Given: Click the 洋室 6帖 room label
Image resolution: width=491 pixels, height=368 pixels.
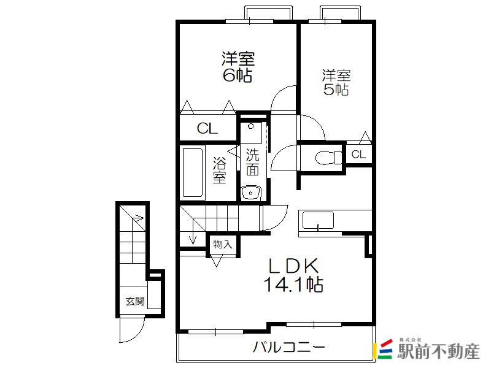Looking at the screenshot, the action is (238, 67).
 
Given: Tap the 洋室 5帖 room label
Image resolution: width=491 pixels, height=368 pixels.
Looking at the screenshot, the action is (336, 83).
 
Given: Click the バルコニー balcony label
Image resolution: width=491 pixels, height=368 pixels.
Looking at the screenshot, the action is (289, 347).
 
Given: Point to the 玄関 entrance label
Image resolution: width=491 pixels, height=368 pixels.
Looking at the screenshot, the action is (135, 301).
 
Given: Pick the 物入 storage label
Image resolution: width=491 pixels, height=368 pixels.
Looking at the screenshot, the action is (222, 244).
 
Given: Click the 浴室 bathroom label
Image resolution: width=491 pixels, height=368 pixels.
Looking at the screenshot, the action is (220, 170).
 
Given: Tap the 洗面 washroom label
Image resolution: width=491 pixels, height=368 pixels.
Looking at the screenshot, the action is (252, 162).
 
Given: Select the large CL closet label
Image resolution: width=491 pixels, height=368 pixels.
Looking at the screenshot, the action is (207, 128).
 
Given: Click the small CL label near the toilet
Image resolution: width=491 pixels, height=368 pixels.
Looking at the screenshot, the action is (358, 155).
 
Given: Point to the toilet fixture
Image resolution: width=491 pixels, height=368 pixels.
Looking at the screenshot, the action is (328, 158).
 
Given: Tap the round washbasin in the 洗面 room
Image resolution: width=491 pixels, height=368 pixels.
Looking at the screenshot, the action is (250, 193).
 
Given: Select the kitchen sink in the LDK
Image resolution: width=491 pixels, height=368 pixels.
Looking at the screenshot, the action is (317, 220).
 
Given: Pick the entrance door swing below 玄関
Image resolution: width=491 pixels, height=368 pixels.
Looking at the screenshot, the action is (132, 330).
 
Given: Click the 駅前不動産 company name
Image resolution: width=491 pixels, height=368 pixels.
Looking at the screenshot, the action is (438, 351).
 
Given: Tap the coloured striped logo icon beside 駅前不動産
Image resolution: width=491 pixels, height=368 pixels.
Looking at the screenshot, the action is (382, 349).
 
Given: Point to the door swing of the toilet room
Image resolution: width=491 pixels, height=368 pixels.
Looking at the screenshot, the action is (284, 158).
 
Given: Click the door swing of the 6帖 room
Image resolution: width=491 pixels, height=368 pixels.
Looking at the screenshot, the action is (284, 98).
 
